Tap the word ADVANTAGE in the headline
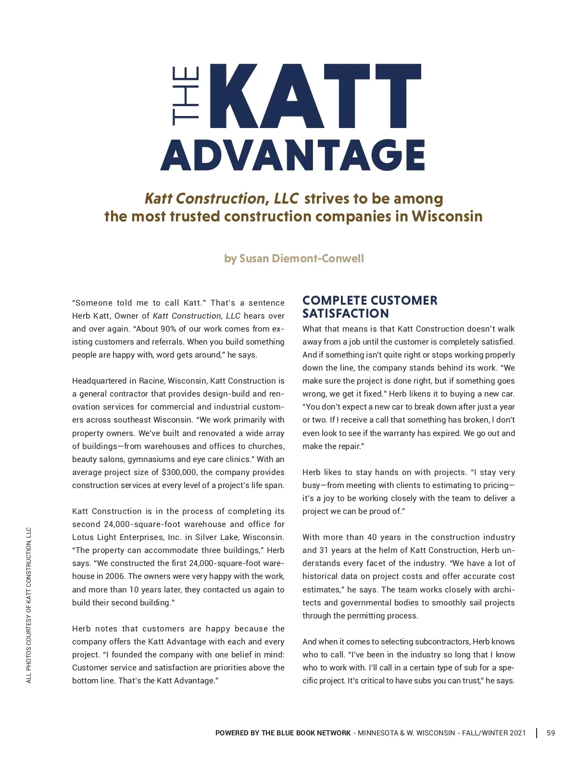(x=292, y=155)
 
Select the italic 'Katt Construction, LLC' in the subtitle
(x=221, y=198)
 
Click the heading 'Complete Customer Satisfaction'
(x=369, y=307)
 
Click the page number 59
(x=551, y=733)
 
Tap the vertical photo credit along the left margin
(x=29, y=605)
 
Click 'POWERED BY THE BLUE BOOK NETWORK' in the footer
(x=283, y=733)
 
